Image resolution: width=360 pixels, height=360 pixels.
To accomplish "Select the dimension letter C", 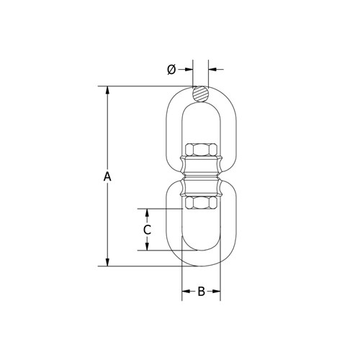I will [x=147, y=230].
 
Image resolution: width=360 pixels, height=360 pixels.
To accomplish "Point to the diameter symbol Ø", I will [x=171, y=69].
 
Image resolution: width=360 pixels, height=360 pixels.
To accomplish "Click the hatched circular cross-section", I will [x=201, y=94].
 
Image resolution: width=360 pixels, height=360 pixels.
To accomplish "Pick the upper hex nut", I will [x=201, y=150].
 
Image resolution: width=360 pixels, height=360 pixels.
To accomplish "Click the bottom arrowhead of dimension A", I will [x=107, y=262].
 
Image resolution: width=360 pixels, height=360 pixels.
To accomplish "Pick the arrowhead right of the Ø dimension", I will [x=214, y=69].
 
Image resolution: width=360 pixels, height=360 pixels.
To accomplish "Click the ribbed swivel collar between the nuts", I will [x=201, y=177].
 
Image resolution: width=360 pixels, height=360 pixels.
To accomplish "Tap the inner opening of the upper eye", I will [x=201, y=122].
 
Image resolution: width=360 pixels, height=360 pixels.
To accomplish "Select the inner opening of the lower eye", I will [x=201, y=230].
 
